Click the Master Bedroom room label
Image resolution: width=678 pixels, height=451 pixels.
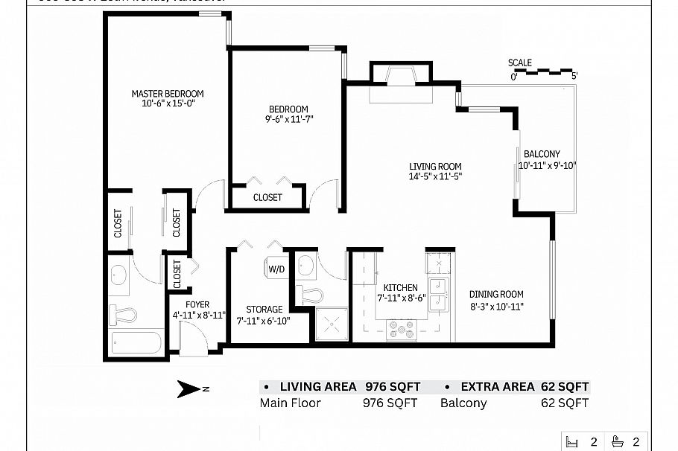tap(167, 94)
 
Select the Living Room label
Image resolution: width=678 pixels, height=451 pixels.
tap(435, 167)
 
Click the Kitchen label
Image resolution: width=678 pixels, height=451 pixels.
tap(400, 288)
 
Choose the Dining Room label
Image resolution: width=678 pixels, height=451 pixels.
tap(496, 294)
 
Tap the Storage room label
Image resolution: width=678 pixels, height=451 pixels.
tap(264, 309)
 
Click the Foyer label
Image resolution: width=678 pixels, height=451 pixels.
tap(197, 304)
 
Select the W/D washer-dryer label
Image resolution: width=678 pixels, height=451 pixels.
tap(276, 269)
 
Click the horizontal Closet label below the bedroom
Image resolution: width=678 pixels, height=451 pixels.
tap(267, 198)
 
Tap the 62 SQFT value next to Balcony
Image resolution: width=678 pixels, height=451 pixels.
tap(564, 403)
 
